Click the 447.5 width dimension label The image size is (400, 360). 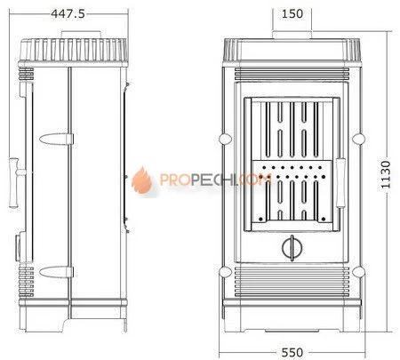click(68, 13)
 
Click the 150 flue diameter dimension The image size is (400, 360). click(292, 13)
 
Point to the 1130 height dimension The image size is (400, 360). click(386, 175)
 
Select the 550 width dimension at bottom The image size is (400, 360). click(292, 353)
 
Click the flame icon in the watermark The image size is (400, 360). click(142, 180)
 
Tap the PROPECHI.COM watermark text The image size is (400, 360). click(216, 180)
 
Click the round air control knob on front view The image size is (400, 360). click(292, 248)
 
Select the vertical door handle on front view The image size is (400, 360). click(340, 183)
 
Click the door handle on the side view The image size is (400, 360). click(15, 182)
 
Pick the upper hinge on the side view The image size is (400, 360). click(56, 139)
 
